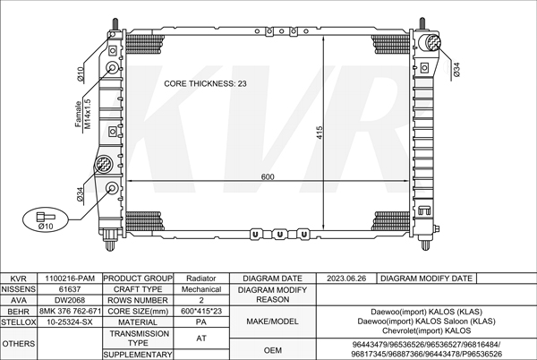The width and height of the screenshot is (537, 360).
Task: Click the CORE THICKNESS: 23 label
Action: tap(205, 83)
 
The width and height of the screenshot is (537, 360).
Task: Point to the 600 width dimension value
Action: tap(268, 176)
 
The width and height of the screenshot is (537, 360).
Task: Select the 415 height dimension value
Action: tap(320, 133)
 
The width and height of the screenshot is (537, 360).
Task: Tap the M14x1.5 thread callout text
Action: tap(88, 114)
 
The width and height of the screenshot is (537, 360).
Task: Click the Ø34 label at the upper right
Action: tap(456, 69)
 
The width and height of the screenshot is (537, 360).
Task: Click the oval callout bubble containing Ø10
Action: tap(46, 219)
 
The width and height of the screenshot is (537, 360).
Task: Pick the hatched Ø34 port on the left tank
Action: tap(104, 164)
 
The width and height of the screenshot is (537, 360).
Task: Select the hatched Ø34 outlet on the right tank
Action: tap(432, 42)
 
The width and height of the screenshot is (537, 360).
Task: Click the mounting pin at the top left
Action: tap(115, 24)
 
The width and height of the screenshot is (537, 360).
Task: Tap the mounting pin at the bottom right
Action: tap(425, 244)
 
